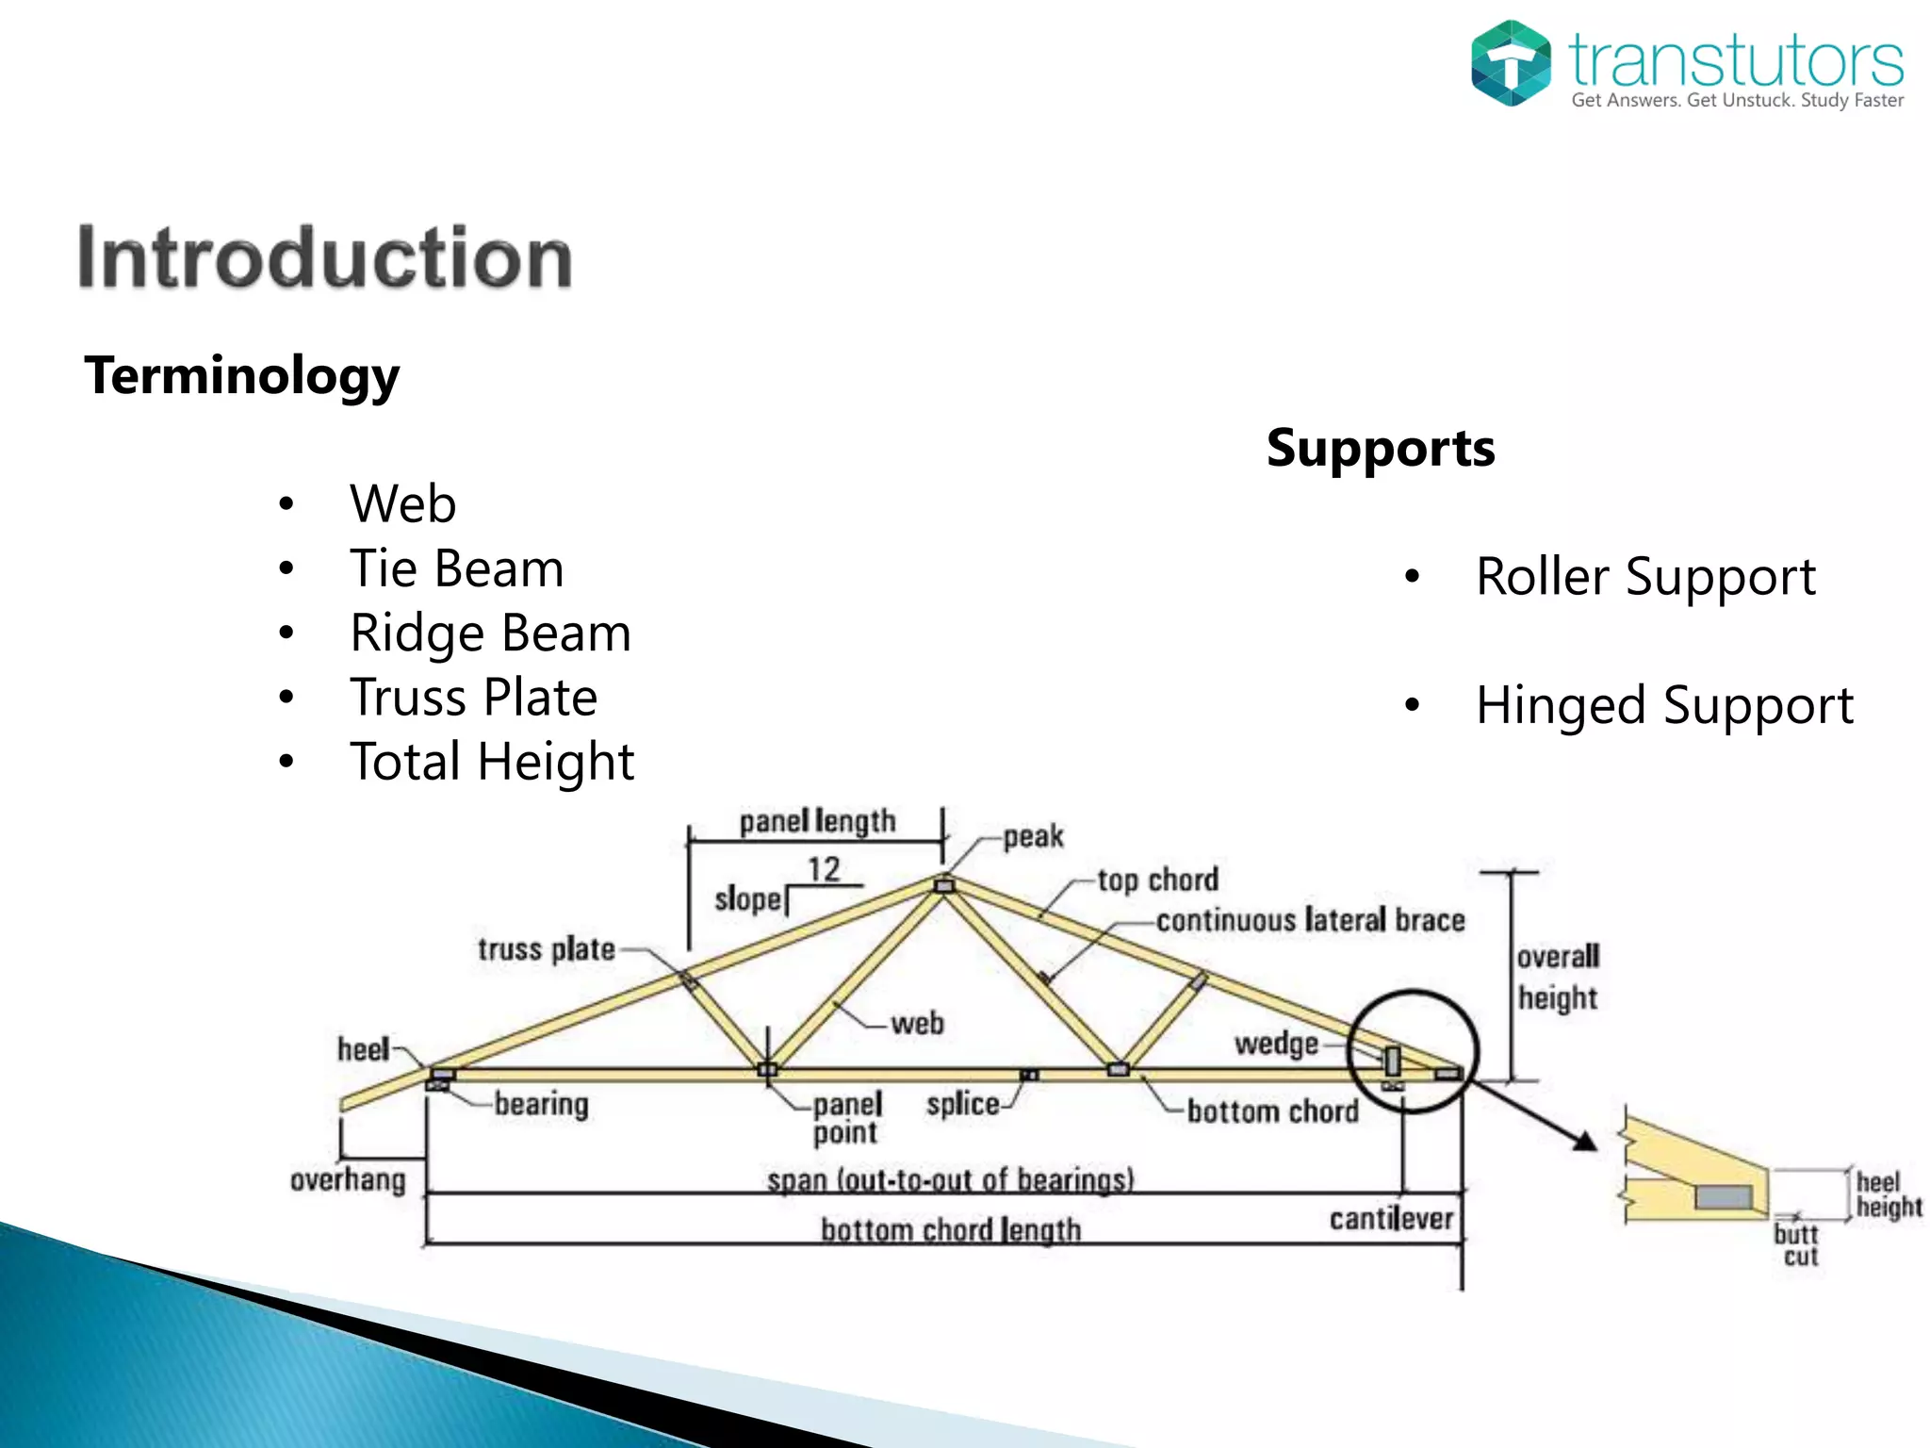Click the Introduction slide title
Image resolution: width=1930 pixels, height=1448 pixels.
point(325,257)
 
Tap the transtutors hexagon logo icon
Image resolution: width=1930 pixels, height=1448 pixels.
point(1511,63)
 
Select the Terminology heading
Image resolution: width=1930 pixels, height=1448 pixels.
point(242,375)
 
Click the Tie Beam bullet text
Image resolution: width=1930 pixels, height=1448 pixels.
point(456,568)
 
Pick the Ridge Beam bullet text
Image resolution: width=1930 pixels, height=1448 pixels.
point(490,633)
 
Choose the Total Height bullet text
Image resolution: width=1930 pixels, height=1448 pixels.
point(492,762)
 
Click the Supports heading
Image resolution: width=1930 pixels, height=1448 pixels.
point(1381,448)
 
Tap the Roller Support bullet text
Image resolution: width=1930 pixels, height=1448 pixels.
point(1645,576)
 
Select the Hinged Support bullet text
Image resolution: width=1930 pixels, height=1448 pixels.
point(1664,705)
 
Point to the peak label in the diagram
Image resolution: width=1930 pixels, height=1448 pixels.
point(1033,836)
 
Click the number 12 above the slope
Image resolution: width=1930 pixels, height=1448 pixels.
point(824,869)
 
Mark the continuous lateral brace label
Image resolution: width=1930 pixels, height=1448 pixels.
point(1310,920)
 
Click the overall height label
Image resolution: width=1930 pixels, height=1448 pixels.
point(1558,977)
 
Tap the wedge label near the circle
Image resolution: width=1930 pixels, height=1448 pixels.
point(1276,1044)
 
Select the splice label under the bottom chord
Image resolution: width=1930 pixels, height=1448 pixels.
point(962,1104)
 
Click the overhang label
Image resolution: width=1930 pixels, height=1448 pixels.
point(348,1180)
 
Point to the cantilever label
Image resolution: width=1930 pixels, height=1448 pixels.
point(1391,1219)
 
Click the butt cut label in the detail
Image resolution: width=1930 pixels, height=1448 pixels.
point(1797,1245)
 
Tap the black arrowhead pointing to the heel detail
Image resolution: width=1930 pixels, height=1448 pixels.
point(1585,1142)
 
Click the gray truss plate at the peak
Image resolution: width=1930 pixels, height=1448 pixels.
point(944,885)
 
